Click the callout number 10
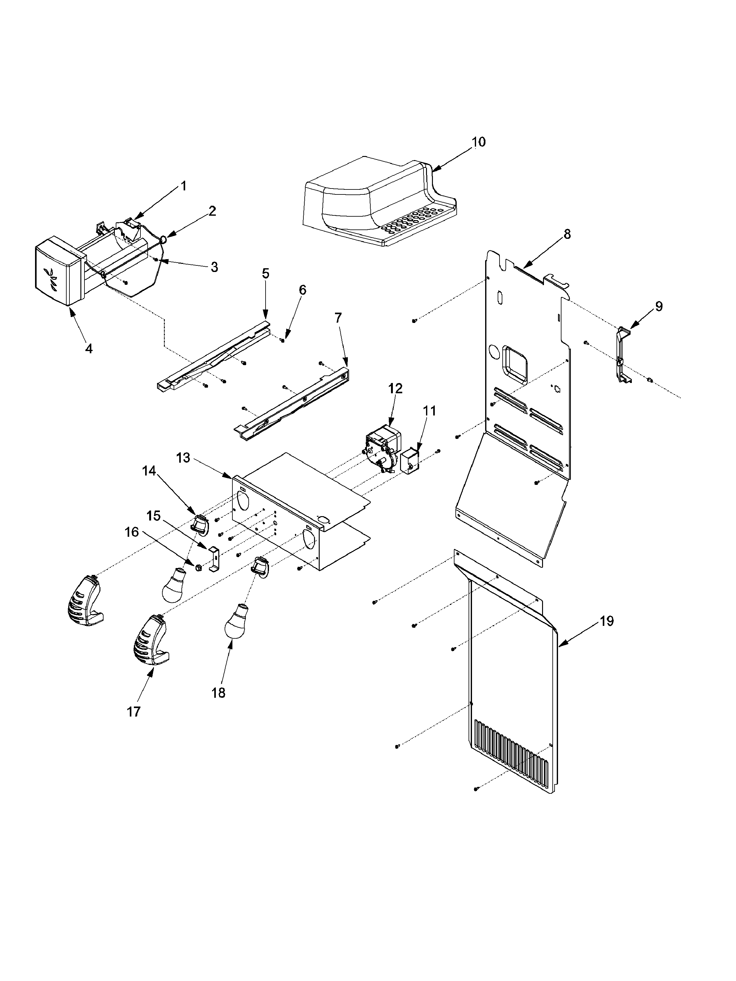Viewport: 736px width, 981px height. [x=478, y=142]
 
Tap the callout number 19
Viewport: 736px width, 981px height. [x=607, y=621]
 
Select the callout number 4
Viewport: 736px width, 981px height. [x=89, y=349]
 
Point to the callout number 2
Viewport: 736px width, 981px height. [x=212, y=211]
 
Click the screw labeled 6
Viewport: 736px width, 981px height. [x=282, y=340]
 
